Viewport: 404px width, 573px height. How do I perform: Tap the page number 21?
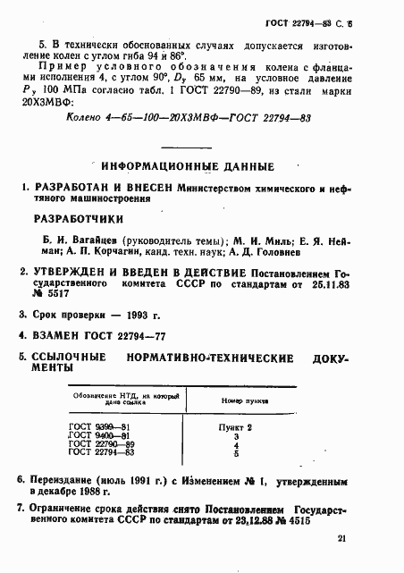343,538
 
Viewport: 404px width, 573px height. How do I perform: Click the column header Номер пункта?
235,401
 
